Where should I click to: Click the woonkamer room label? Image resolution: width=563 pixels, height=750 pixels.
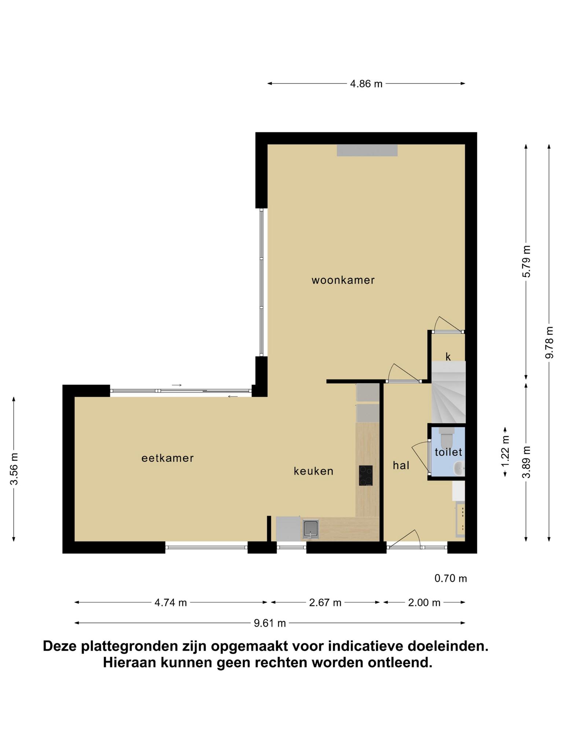pyautogui.click(x=343, y=281)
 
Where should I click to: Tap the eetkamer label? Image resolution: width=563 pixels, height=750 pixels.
pyautogui.click(x=168, y=458)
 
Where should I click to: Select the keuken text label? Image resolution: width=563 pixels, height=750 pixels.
pyautogui.click(x=314, y=471)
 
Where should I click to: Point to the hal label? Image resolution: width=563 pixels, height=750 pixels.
pyautogui.click(x=401, y=465)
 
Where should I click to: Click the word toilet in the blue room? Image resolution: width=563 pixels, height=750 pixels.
pyautogui.click(x=448, y=452)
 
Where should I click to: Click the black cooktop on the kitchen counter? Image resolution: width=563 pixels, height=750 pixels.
pyautogui.click(x=366, y=475)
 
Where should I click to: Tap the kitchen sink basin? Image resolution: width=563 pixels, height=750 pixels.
pyautogui.click(x=311, y=529)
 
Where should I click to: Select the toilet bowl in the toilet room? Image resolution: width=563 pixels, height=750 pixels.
pyautogui.click(x=447, y=438)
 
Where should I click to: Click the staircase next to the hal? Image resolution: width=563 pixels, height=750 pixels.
pyautogui.click(x=449, y=392)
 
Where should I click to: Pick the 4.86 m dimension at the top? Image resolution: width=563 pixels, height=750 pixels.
pyautogui.click(x=366, y=84)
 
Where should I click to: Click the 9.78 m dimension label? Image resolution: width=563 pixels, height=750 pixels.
pyautogui.click(x=549, y=343)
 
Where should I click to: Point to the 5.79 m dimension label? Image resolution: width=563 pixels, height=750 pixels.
pyautogui.click(x=526, y=261)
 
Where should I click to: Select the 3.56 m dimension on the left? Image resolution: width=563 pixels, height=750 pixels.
pyautogui.click(x=14, y=469)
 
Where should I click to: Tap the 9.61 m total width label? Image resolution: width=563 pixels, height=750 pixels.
pyautogui.click(x=270, y=623)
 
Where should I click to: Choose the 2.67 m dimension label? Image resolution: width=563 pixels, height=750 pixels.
pyautogui.click(x=325, y=602)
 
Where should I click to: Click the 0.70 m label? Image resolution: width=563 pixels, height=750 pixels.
pyautogui.click(x=451, y=579)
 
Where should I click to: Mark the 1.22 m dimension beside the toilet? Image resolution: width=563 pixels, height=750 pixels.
pyautogui.click(x=505, y=452)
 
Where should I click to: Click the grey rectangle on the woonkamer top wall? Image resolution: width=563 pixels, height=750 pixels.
pyautogui.click(x=367, y=151)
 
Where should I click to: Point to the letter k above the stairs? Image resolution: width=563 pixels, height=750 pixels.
pyautogui.click(x=448, y=356)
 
